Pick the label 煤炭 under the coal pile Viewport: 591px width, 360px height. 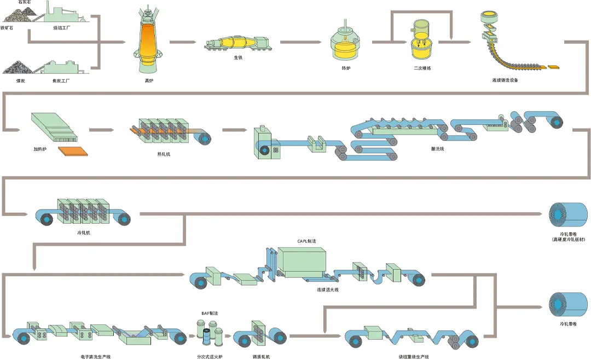(8, 80)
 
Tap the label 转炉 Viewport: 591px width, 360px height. (345, 68)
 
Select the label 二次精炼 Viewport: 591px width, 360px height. (422, 68)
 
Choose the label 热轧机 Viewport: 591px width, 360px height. (164, 154)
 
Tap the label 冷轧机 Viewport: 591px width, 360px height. (84, 233)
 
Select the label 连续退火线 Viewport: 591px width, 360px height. (327, 289)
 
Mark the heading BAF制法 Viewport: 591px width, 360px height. (210, 313)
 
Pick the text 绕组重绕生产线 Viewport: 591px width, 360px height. (414, 357)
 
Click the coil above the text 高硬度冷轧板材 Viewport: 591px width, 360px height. (567, 214)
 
